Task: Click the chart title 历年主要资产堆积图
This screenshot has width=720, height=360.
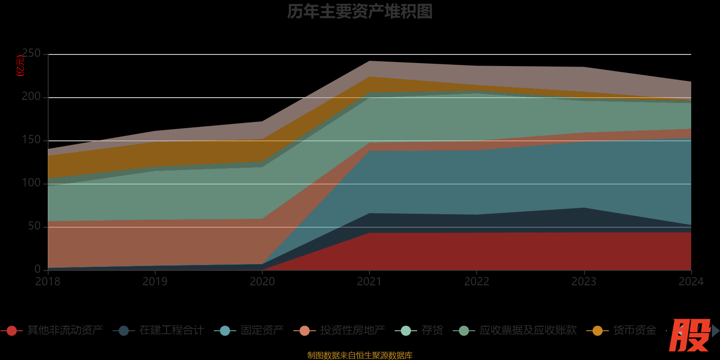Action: coord(360,12)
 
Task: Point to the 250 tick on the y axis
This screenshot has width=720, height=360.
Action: coord(31,54)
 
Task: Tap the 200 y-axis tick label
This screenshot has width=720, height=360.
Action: coord(31,97)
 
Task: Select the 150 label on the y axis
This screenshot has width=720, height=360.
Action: coord(31,140)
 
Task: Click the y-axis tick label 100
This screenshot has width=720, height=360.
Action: coord(31,183)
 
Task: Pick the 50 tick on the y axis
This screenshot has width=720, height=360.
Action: coord(34,226)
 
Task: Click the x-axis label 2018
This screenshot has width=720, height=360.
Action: coord(48,282)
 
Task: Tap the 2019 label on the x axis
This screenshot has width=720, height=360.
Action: coord(155,282)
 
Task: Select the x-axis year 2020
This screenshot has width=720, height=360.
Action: coord(262,282)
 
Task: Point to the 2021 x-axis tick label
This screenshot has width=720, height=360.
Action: coord(369,282)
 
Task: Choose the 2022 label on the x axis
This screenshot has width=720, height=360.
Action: coord(477,282)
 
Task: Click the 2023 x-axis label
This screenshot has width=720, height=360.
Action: coord(584,282)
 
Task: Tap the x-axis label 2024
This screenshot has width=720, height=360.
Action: coord(691,282)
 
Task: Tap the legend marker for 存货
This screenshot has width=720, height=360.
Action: coord(406,331)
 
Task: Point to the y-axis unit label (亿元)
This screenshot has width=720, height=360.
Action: coord(21,66)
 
